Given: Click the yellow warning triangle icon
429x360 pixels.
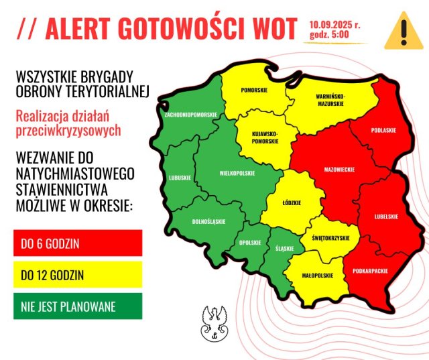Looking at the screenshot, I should (403, 30).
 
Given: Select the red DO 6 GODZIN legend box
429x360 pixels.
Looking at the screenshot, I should (78, 243).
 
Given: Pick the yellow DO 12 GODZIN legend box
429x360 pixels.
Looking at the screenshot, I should (78, 275).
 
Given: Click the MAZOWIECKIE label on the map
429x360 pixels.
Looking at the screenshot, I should (340, 170).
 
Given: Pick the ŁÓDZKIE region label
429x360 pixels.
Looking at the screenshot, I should (292, 203).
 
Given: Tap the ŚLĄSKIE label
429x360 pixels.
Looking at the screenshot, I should (284, 249).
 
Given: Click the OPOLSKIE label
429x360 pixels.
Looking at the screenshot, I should (251, 243).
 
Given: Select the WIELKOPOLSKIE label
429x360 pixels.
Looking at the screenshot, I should (237, 173).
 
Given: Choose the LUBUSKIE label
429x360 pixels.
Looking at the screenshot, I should (180, 178).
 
